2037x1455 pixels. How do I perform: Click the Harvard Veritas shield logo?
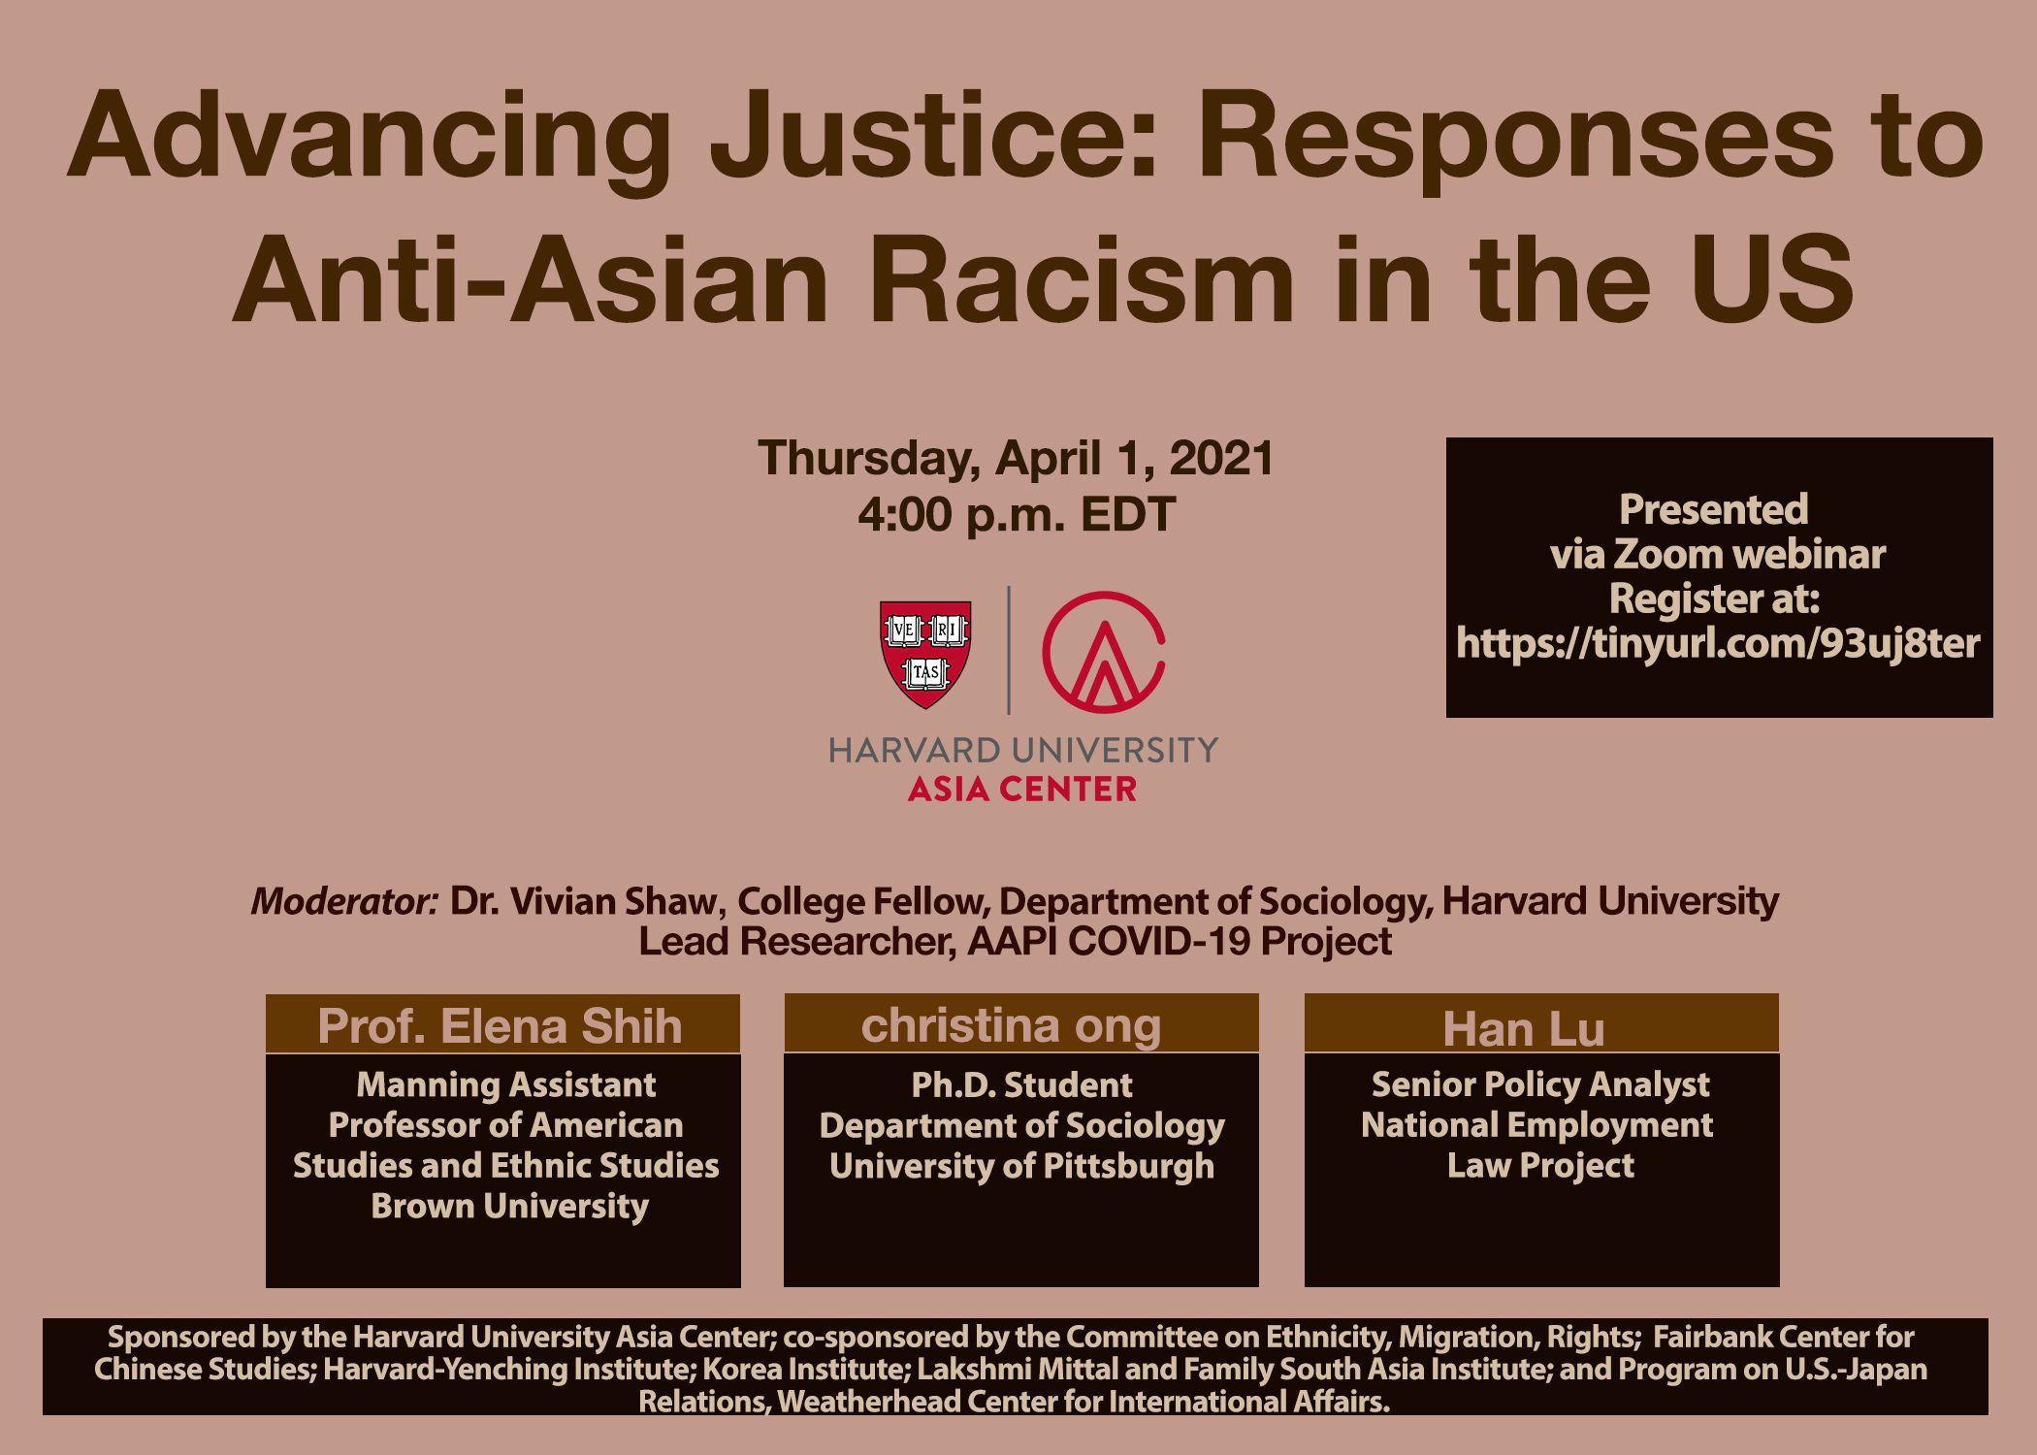pos(925,653)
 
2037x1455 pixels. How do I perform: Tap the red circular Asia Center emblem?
pos(1103,652)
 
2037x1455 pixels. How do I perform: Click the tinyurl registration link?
pos(1718,643)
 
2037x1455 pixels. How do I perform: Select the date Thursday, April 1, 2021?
pos(1016,458)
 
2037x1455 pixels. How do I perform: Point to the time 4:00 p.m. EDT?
pos(1016,514)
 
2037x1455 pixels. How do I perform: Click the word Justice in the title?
pos(933,136)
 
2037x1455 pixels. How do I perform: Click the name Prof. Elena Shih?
pos(501,1026)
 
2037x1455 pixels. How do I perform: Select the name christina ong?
pos(1011,1025)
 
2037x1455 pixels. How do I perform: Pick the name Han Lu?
pos(1524,1028)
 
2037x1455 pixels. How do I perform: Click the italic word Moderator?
pos(344,902)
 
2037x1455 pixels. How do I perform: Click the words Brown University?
pos(509,1206)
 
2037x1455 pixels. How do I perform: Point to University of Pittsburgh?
pos(1021,1166)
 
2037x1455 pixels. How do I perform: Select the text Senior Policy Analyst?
pos(1540,1084)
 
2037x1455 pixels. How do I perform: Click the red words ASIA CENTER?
pos(1022,790)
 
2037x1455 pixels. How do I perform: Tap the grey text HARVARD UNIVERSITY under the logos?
pos(1022,750)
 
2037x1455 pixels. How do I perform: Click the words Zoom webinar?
pos(1750,555)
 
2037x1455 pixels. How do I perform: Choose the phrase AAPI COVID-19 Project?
pos(1180,941)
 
